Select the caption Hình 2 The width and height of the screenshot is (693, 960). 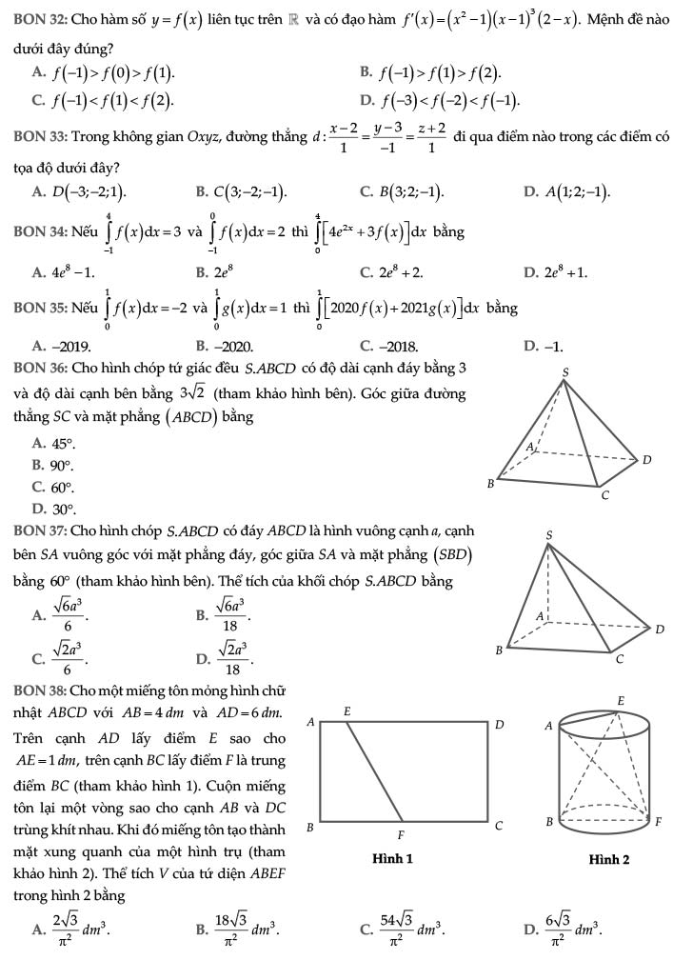click(x=608, y=859)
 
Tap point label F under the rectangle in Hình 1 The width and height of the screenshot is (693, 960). click(x=400, y=833)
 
